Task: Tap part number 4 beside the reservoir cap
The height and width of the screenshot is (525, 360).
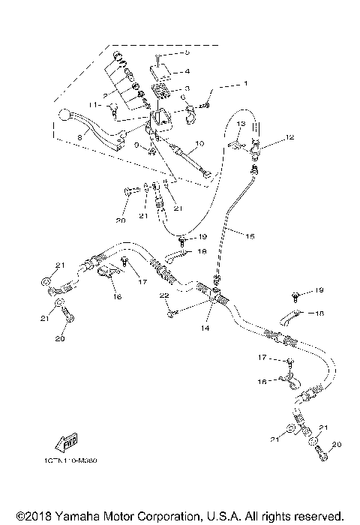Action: click(187, 72)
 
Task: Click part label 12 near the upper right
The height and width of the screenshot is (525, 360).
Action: click(289, 138)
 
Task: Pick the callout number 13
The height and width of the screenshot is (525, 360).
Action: click(242, 123)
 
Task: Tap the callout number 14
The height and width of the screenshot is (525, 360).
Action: click(205, 328)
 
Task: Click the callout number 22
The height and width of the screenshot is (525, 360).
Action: click(161, 297)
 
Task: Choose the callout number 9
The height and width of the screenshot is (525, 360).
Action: click(137, 146)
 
